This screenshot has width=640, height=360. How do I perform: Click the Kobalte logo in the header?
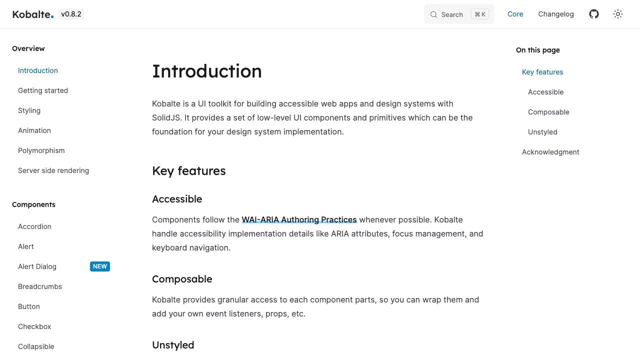pyautogui.click(x=32, y=14)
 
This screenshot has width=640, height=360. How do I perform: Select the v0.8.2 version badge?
pyautogui.click(x=71, y=14)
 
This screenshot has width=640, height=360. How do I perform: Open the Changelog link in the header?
pyautogui.click(x=555, y=14)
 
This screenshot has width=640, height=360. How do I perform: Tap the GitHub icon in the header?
pyautogui.click(x=593, y=14)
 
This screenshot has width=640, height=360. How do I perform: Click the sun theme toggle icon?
pyautogui.click(x=618, y=14)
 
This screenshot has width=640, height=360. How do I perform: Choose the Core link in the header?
pyautogui.click(x=515, y=14)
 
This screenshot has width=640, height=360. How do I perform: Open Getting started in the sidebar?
pyautogui.click(x=43, y=90)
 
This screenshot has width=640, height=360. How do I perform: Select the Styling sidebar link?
pyautogui.click(x=29, y=110)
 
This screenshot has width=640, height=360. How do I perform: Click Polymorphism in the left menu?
pyautogui.click(x=41, y=150)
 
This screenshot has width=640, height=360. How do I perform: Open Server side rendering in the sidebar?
pyautogui.click(x=53, y=170)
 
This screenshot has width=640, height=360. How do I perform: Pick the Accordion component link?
pyautogui.click(x=34, y=226)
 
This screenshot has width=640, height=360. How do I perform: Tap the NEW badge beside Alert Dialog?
pyautogui.click(x=100, y=266)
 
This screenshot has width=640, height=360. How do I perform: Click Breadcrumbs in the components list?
pyautogui.click(x=40, y=286)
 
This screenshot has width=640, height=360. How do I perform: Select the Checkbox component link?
pyautogui.click(x=34, y=326)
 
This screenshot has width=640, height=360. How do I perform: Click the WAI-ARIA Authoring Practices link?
pyautogui.click(x=299, y=219)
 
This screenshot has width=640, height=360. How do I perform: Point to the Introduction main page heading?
pyautogui.click(x=206, y=71)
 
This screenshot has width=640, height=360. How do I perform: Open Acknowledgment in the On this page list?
pyautogui.click(x=550, y=152)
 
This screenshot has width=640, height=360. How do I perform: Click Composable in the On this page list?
pyautogui.click(x=548, y=112)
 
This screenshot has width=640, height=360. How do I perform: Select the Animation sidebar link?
pyautogui.click(x=34, y=130)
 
